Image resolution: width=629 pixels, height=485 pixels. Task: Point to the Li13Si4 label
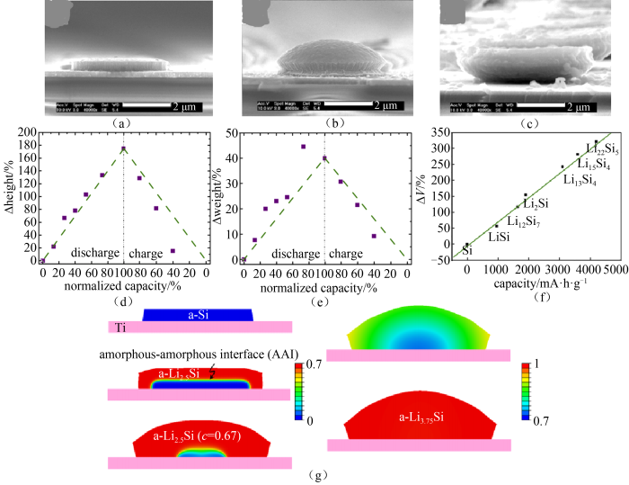click(580, 179)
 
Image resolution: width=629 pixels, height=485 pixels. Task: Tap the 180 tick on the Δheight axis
click(24, 132)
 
